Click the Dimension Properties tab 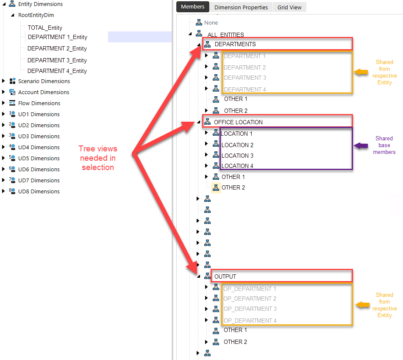pos(241,7)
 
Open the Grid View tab pos(289,7)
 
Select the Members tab pos(192,7)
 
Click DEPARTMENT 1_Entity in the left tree pos(57,37)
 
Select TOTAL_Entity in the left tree pos(45,28)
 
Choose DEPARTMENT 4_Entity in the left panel pos(57,71)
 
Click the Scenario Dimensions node pos(44,81)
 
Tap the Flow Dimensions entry pos(39,103)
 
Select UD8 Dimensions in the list pos(39,191)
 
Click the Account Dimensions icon pos(12,92)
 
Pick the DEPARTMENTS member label pos(235,44)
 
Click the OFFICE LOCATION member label pos(238,122)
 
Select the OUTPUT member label pos(225,276)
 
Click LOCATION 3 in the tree pos(237,156)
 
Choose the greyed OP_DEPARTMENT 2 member pos(250,299)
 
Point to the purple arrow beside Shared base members pos(361,145)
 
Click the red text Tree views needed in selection pos(98,158)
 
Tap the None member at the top pos(211,22)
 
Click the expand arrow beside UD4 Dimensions pos(4,147)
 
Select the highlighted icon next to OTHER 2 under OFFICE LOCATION pos(216,187)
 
